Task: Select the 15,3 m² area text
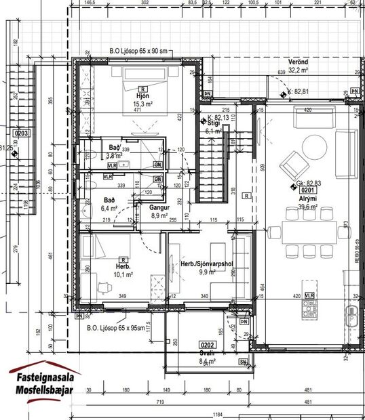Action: tap(141, 104)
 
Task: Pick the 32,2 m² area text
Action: tap(299, 70)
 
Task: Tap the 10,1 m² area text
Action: tap(123, 274)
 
